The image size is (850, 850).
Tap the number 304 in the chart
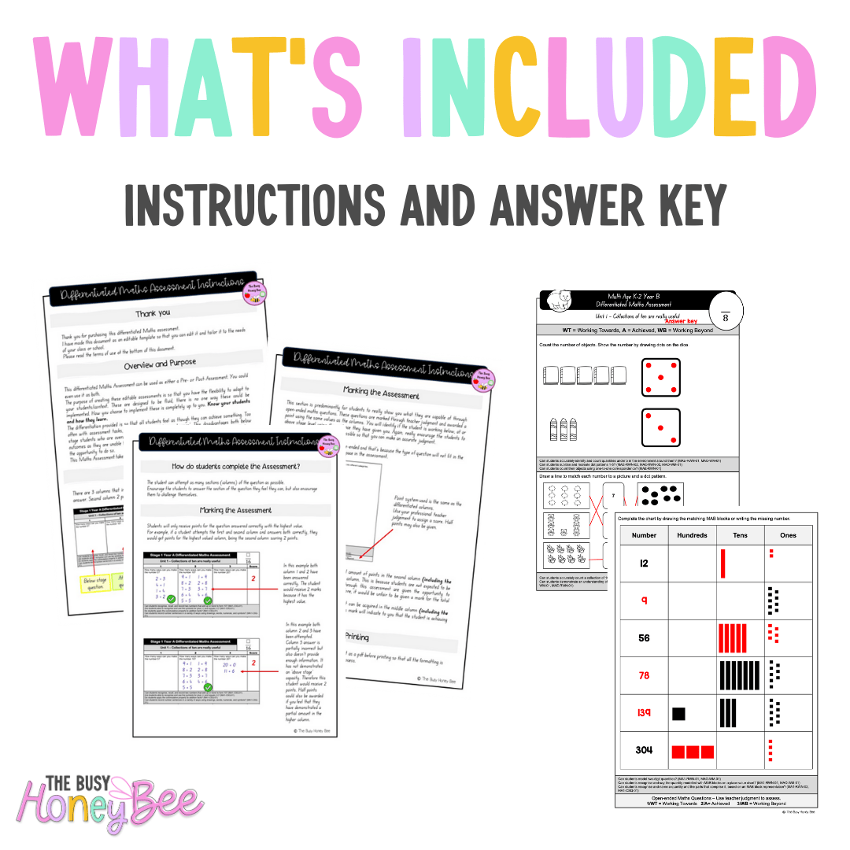pyautogui.click(x=645, y=749)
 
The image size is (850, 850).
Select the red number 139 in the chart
pyautogui.click(x=645, y=713)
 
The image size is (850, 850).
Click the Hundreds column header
pyautogui.click(x=693, y=534)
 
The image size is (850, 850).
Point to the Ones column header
pyautogui.click(x=788, y=534)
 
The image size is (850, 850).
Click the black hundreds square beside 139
pyautogui.click(x=678, y=713)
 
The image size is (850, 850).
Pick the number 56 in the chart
pyautogui.click(x=645, y=637)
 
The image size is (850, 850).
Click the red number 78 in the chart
pyautogui.click(x=645, y=675)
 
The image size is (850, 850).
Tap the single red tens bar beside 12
pyautogui.click(x=722, y=564)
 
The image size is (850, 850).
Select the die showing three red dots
pyautogui.click(x=661, y=428)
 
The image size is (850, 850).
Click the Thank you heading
pyautogui.click(x=152, y=313)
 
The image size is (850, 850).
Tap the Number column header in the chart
pyautogui.click(x=645, y=534)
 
